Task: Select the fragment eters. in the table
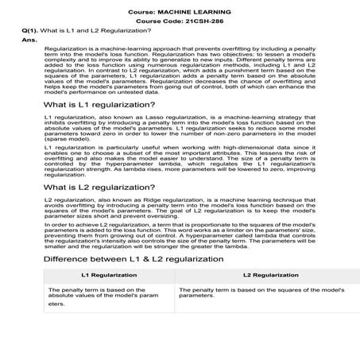tap(56, 304)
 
